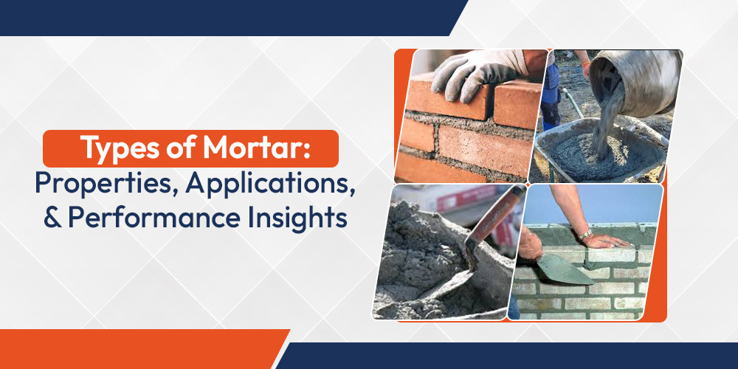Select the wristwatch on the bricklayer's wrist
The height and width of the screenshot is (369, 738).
(584, 234)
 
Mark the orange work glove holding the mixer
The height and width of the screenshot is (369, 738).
(586, 69)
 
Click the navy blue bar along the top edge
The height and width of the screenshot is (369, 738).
(221, 16)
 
